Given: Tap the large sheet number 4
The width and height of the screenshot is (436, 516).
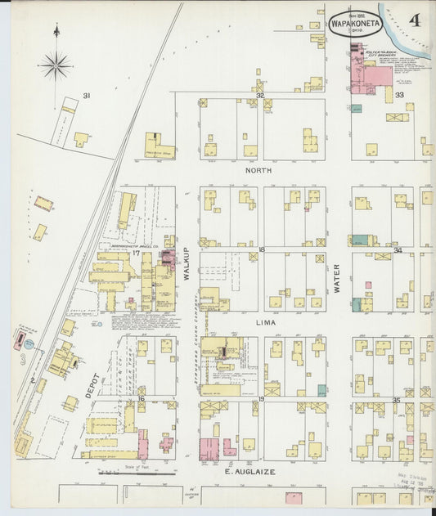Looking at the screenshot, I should click(x=416, y=20).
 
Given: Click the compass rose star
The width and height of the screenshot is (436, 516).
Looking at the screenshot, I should click(x=56, y=65).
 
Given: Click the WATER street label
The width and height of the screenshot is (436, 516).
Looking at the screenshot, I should click(x=336, y=278).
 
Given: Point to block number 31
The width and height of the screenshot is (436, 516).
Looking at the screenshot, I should click(x=86, y=96).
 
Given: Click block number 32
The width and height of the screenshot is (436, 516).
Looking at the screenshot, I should click(x=260, y=96).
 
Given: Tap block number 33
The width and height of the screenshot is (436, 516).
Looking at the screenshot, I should click(x=399, y=96).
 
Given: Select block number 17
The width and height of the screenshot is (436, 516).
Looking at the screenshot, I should click(x=137, y=253).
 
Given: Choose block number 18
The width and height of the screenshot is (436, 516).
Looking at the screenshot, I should click(x=262, y=249).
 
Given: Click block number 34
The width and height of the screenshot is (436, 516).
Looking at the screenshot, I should click(x=398, y=249).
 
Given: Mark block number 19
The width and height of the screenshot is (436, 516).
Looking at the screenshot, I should click(x=262, y=399).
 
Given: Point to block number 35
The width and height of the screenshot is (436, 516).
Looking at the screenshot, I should click(x=396, y=400).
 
